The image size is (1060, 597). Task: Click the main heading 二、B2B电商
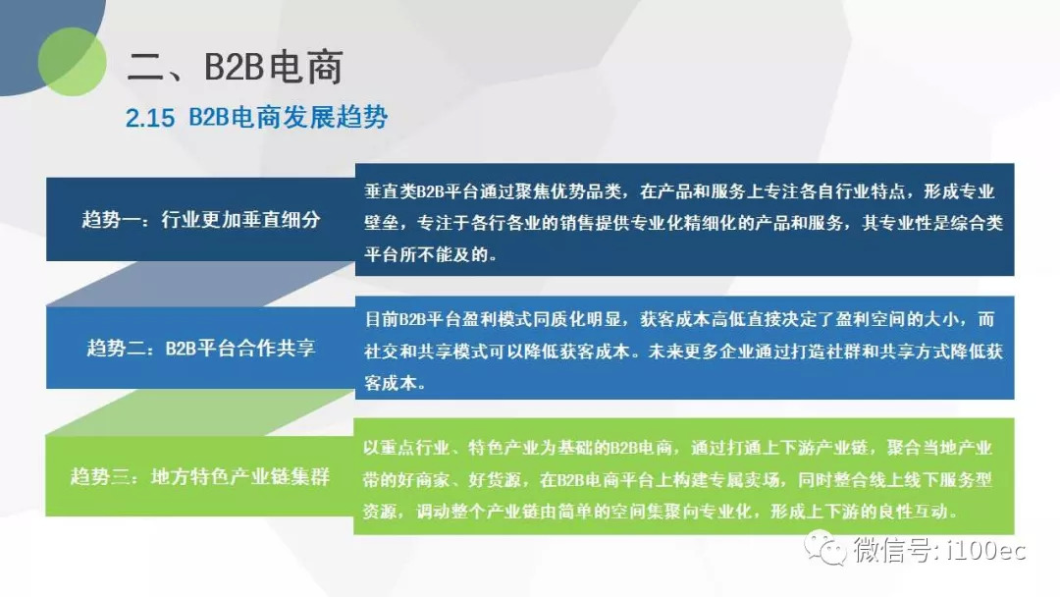point(235,67)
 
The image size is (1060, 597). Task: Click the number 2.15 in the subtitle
point(150,118)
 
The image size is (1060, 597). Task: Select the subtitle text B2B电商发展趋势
point(288,118)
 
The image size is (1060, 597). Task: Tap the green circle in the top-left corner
point(73,62)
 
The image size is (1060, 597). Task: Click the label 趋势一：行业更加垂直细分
point(201,219)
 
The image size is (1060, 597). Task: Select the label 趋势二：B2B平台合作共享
point(201,348)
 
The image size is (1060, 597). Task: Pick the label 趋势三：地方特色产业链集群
point(200,476)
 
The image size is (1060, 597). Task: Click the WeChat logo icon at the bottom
point(824,548)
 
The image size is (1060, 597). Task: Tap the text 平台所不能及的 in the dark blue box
point(426,254)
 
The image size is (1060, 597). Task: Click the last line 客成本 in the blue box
point(391,383)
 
